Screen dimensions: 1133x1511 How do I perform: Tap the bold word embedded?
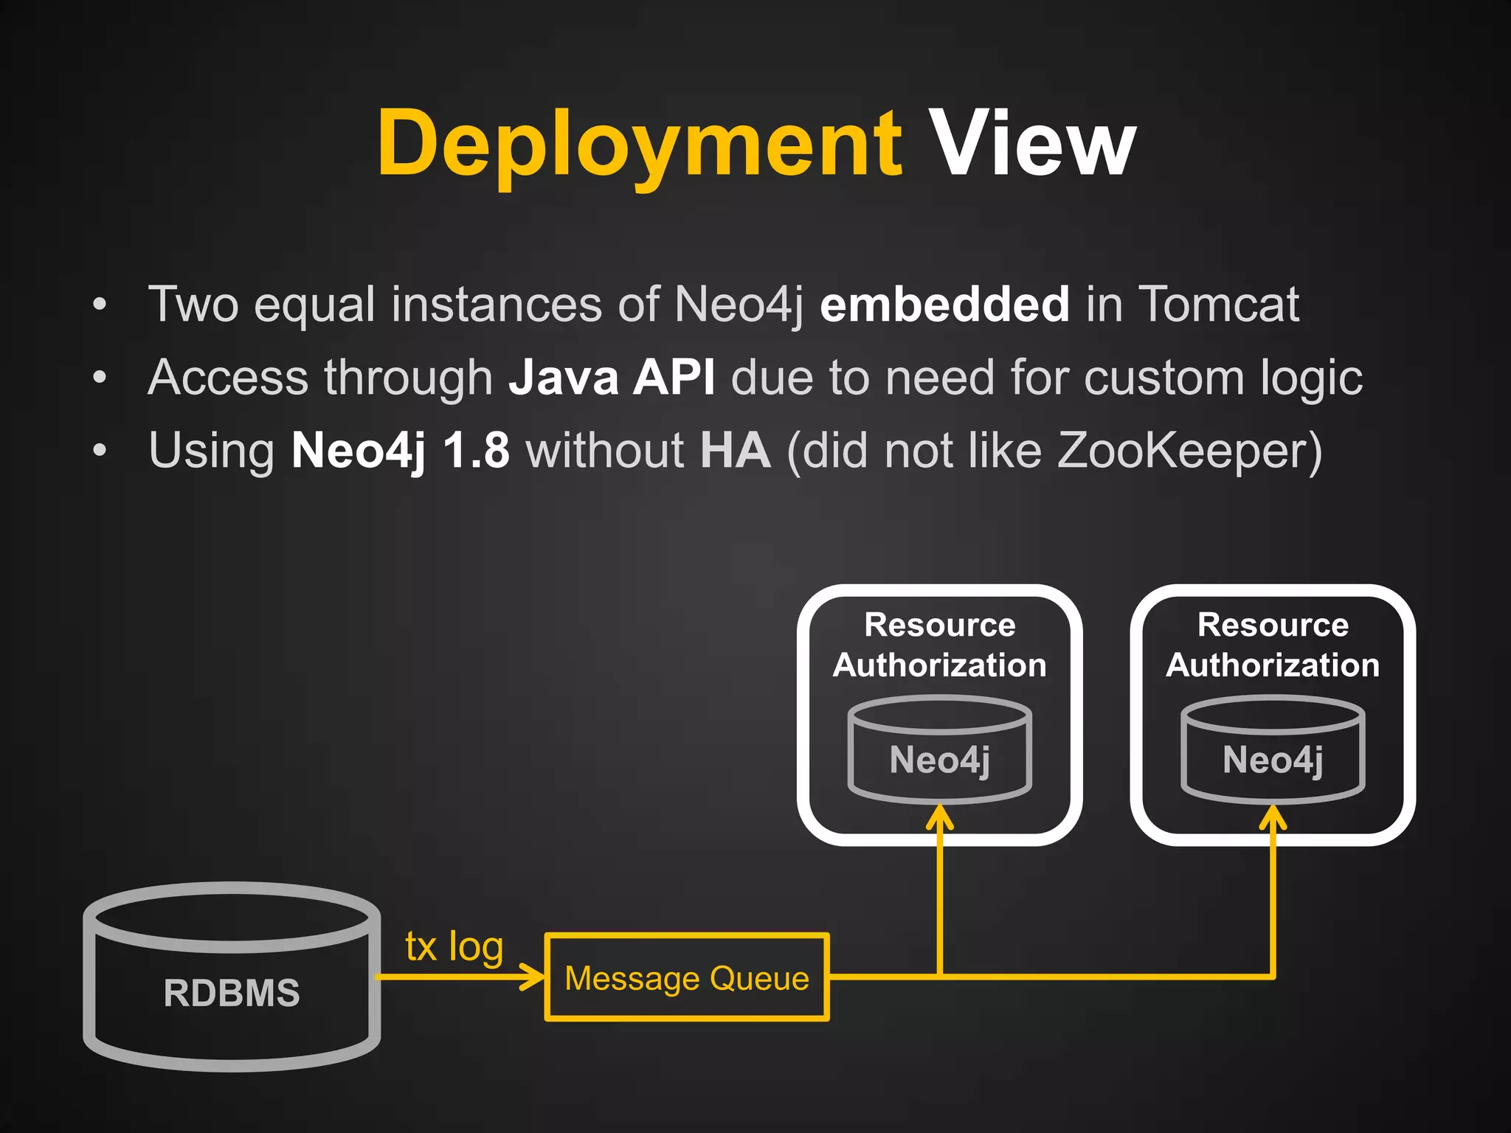(x=944, y=304)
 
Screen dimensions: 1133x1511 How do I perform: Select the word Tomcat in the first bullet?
(x=1218, y=304)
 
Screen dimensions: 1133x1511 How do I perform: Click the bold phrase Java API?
(x=612, y=377)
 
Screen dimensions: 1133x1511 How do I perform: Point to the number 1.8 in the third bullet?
(x=476, y=450)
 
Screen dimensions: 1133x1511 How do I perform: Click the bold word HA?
(x=735, y=450)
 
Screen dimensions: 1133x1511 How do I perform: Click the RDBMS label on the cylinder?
(x=232, y=993)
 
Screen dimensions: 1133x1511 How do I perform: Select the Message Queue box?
(x=686, y=978)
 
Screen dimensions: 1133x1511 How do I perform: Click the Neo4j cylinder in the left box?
(x=939, y=760)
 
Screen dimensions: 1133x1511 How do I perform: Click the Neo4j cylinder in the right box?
(x=1273, y=760)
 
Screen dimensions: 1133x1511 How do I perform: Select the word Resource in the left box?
(x=939, y=625)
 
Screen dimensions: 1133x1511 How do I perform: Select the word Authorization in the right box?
(x=1273, y=665)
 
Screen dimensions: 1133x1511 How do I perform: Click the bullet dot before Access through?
(x=100, y=378)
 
